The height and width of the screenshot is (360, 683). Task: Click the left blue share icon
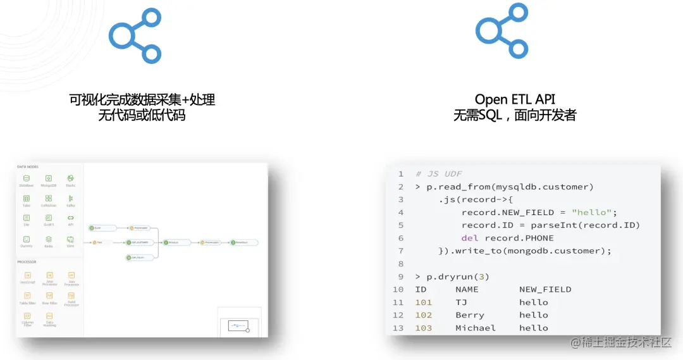(135, 35)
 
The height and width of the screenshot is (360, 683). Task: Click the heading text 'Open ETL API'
(515, 99)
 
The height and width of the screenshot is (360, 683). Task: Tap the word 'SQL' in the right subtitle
(490, 115)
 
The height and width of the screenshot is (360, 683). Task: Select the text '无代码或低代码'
(142, 115)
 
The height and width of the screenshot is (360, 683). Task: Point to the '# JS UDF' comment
(437, 174)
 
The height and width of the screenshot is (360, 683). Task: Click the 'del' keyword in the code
(469, 238)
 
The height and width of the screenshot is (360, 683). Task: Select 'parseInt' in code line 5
(553, 225)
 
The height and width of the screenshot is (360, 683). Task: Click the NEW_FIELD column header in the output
(545, 289)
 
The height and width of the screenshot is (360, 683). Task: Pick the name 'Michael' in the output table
(476, 328)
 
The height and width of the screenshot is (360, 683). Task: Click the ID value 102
(423, 315)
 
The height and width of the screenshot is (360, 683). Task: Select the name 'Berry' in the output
(470, 315)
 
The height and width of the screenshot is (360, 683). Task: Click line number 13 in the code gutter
(398, 328)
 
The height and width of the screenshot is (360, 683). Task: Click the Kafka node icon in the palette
(70, 200)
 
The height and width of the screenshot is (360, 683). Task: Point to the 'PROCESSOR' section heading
(27, 261)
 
